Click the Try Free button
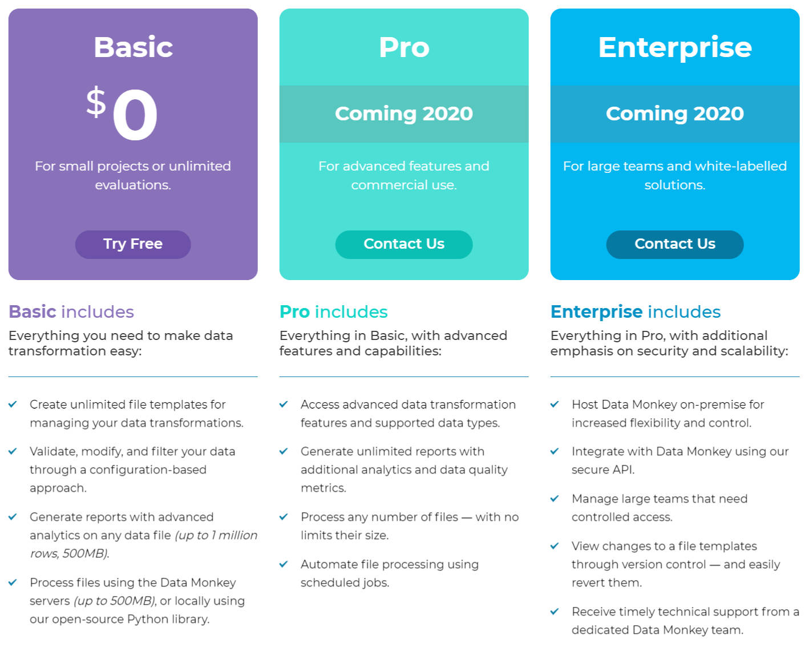(133, 244)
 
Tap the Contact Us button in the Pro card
(404, 244)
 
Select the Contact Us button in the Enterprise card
(674, 244)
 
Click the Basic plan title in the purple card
(133, 47)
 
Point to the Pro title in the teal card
(404, 47)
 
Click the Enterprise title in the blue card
(674, 47)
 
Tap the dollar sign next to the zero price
(96, 102)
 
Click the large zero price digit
(135, 115)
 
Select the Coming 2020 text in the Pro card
(404, 114)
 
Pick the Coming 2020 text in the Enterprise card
(674, 114)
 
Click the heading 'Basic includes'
(71, 311)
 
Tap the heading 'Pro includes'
(333, 311)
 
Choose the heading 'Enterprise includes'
(635, 311)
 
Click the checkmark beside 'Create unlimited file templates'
(13, 404)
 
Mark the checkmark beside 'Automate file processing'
(284, 564)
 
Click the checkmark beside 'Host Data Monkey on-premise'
(555, 404)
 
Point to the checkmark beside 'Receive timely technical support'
(555, 611)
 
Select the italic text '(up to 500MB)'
(115, 601)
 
